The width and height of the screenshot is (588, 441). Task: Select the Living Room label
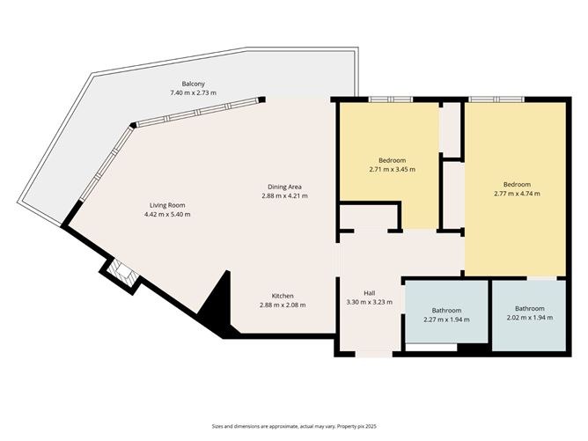tap(167, 204)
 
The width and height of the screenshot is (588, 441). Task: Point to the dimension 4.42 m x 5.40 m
tap(167, 214)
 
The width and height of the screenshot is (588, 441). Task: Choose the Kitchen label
tap(283, 295)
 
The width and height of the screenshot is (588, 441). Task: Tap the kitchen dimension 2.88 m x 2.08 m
tap(283, 305)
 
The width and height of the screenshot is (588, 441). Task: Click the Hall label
tap(371, 293)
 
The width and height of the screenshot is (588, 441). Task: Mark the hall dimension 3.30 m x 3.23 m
tap(371, 303)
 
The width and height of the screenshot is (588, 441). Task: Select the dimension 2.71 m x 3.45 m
tap(392, 169)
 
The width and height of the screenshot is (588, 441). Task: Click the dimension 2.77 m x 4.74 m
tap(518, 194)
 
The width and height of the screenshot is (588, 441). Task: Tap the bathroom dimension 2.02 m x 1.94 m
tap(529, 317)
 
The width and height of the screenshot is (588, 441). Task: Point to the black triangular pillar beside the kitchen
tap(217, 303)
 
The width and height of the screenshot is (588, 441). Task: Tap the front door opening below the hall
tap(370, 355)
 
